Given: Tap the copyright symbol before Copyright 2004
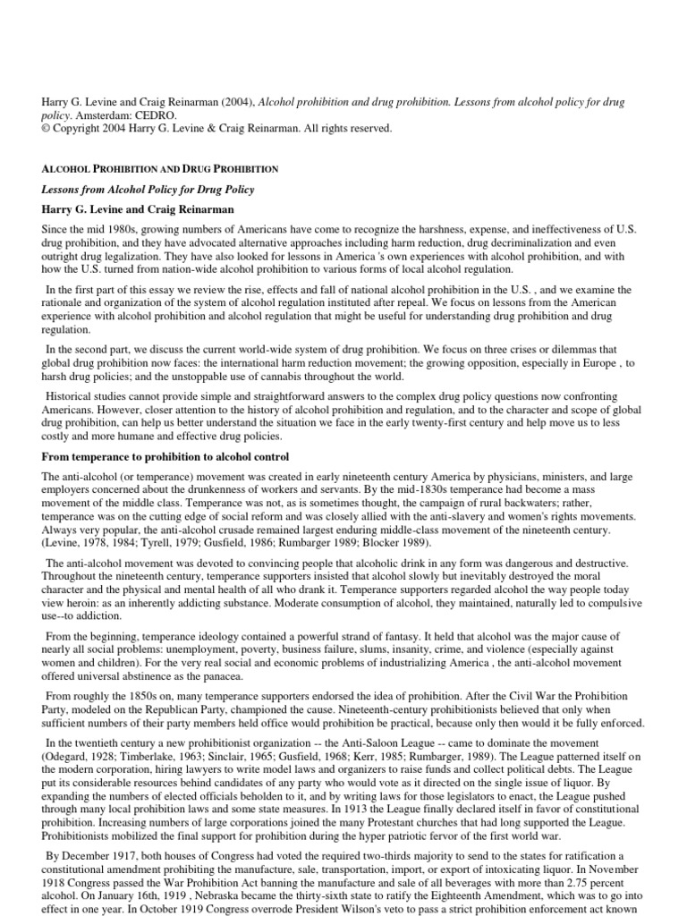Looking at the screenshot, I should pyautogui.click(x=47, y=129).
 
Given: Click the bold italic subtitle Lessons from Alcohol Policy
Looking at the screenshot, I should pyautogui.click(x=148, y=189).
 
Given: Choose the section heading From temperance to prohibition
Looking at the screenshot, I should pyautogui.click(x=165, y=457).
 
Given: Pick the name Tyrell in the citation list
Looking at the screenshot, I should pyautogui.click(x=157, y=543).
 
